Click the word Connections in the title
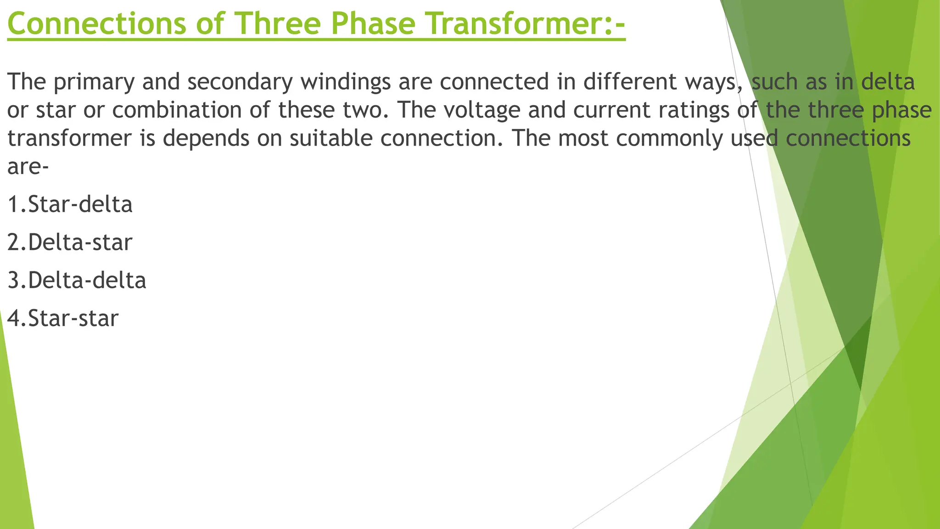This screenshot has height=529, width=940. pyautogui.click(x=97, y=24)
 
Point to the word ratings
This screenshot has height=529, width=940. pyautogui.click(x=698, y=111)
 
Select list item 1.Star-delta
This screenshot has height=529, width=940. pyautogui.click(x=70, y=204)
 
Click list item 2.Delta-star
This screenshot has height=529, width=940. pyautogui.click(x=70, y=242)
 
